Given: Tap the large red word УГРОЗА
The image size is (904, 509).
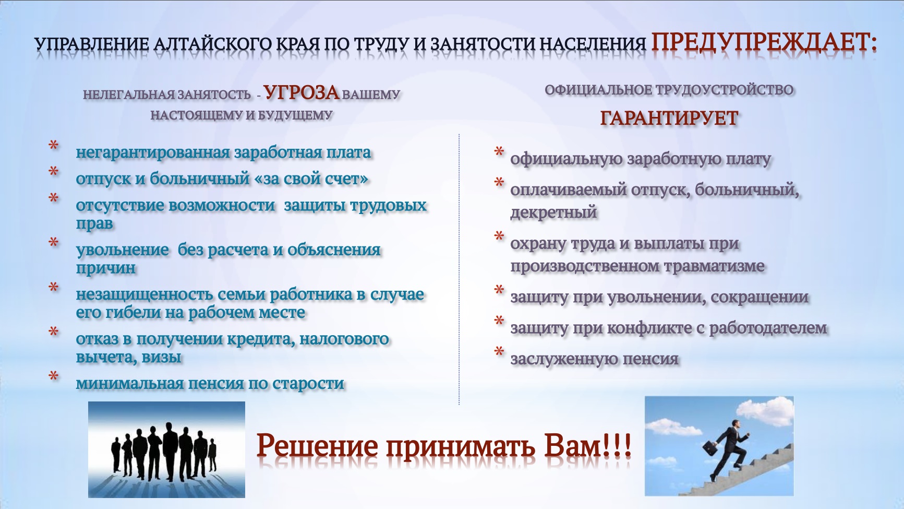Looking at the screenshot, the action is [x=302, y=92].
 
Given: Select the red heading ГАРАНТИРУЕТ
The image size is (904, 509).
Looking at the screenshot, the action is [x=669, y=118].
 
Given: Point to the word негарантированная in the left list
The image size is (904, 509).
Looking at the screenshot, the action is [x=153, y=152].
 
